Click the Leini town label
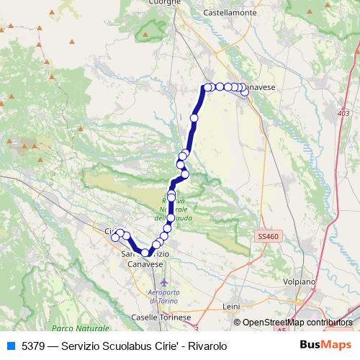(231, 306)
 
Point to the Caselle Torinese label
(161, 317)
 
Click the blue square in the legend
(9, 346)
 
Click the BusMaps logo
(326, 346)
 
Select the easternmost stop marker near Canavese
(246, 91)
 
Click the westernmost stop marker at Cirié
(115, 238)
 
